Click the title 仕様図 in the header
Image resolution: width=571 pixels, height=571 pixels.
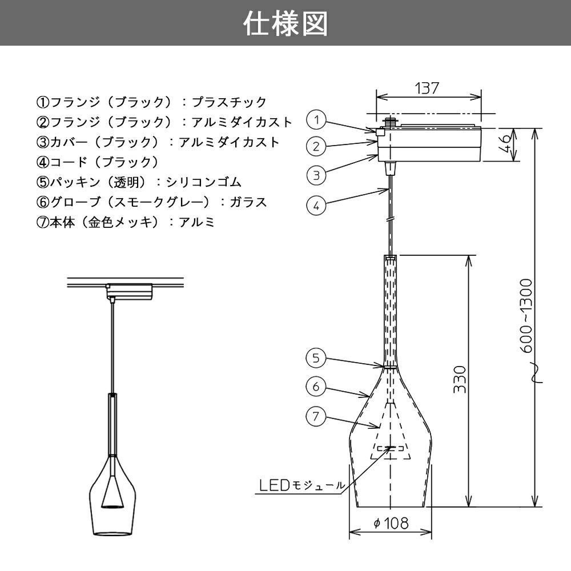click(285, 23)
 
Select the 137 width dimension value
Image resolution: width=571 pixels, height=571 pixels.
click(427, 88)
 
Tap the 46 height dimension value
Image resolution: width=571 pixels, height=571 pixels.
click(505, 144)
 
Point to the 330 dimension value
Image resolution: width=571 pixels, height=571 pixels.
click(460, 380)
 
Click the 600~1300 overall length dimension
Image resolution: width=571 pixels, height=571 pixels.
click(526, 316)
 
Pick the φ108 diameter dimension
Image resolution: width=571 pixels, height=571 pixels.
click(391, 523)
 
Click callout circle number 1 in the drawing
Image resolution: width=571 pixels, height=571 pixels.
click(316, 119)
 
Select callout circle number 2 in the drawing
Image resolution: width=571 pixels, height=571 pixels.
click(316, 146)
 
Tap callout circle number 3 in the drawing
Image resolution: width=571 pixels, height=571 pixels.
click(316, 175)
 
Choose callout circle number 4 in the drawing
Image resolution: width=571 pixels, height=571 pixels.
click(316, 206)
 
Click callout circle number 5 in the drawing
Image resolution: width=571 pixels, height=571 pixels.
click(315, 357)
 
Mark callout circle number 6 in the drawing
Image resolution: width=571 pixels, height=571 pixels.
click(315, 387)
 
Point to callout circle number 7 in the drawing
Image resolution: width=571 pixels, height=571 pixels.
click(315, 416)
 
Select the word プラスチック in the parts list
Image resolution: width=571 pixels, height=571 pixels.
click(229, 102)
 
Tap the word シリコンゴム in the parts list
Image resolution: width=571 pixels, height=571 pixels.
click(204, 182)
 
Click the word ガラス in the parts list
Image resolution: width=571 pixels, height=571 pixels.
click(248, 202)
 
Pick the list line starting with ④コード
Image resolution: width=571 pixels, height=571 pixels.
click(98, 162)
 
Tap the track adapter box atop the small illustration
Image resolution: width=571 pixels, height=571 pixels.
click(129, 291)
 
